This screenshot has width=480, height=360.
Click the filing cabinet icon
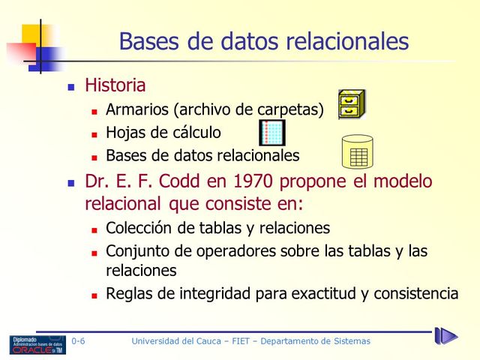pos(352,104)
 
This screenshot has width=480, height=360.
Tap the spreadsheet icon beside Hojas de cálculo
pos(272,133)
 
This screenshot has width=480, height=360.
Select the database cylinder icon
pos(357,152)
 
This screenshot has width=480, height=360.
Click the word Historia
pos(115,85)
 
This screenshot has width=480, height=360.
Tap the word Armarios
pos(137,109)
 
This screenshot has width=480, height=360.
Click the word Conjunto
pos(139,251)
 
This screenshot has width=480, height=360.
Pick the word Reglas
pos(129,293)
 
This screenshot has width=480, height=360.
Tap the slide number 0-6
pos(78,342)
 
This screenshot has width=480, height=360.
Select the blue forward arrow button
pos(445,336)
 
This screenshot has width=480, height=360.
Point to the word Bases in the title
pos(151,40)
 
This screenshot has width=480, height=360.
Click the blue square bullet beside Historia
pos(72,87)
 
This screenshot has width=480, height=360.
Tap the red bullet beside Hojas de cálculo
pos(94,134)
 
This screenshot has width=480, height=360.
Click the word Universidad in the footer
pos(158,342)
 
